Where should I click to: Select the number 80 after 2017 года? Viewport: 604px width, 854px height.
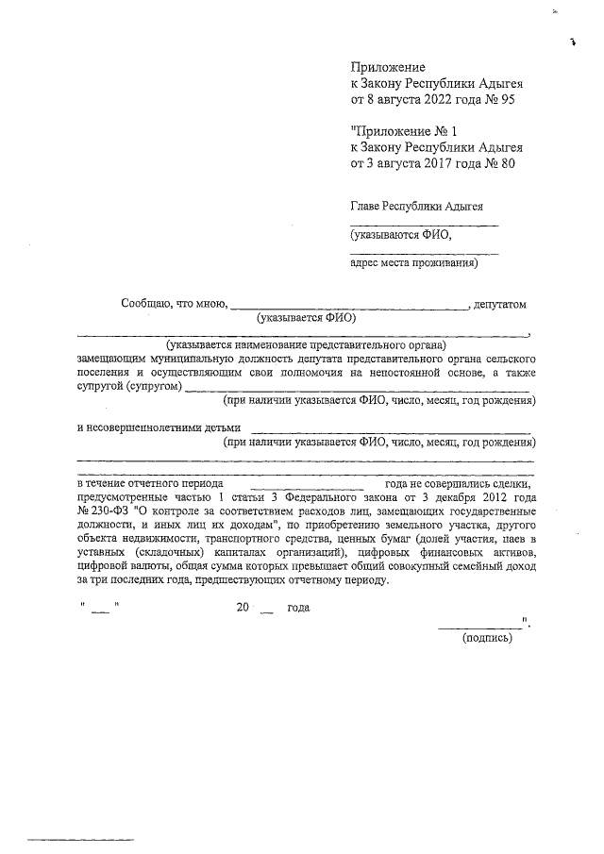[506, 164]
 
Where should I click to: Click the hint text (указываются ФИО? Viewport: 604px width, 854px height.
[400, 235]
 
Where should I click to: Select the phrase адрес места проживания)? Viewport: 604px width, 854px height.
[413, 263]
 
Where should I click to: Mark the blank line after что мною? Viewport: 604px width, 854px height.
[349, 307]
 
